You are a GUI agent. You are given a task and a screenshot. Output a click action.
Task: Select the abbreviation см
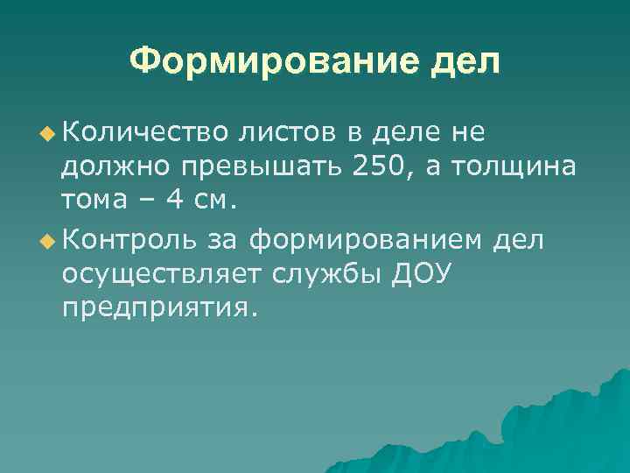point(215,201)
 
